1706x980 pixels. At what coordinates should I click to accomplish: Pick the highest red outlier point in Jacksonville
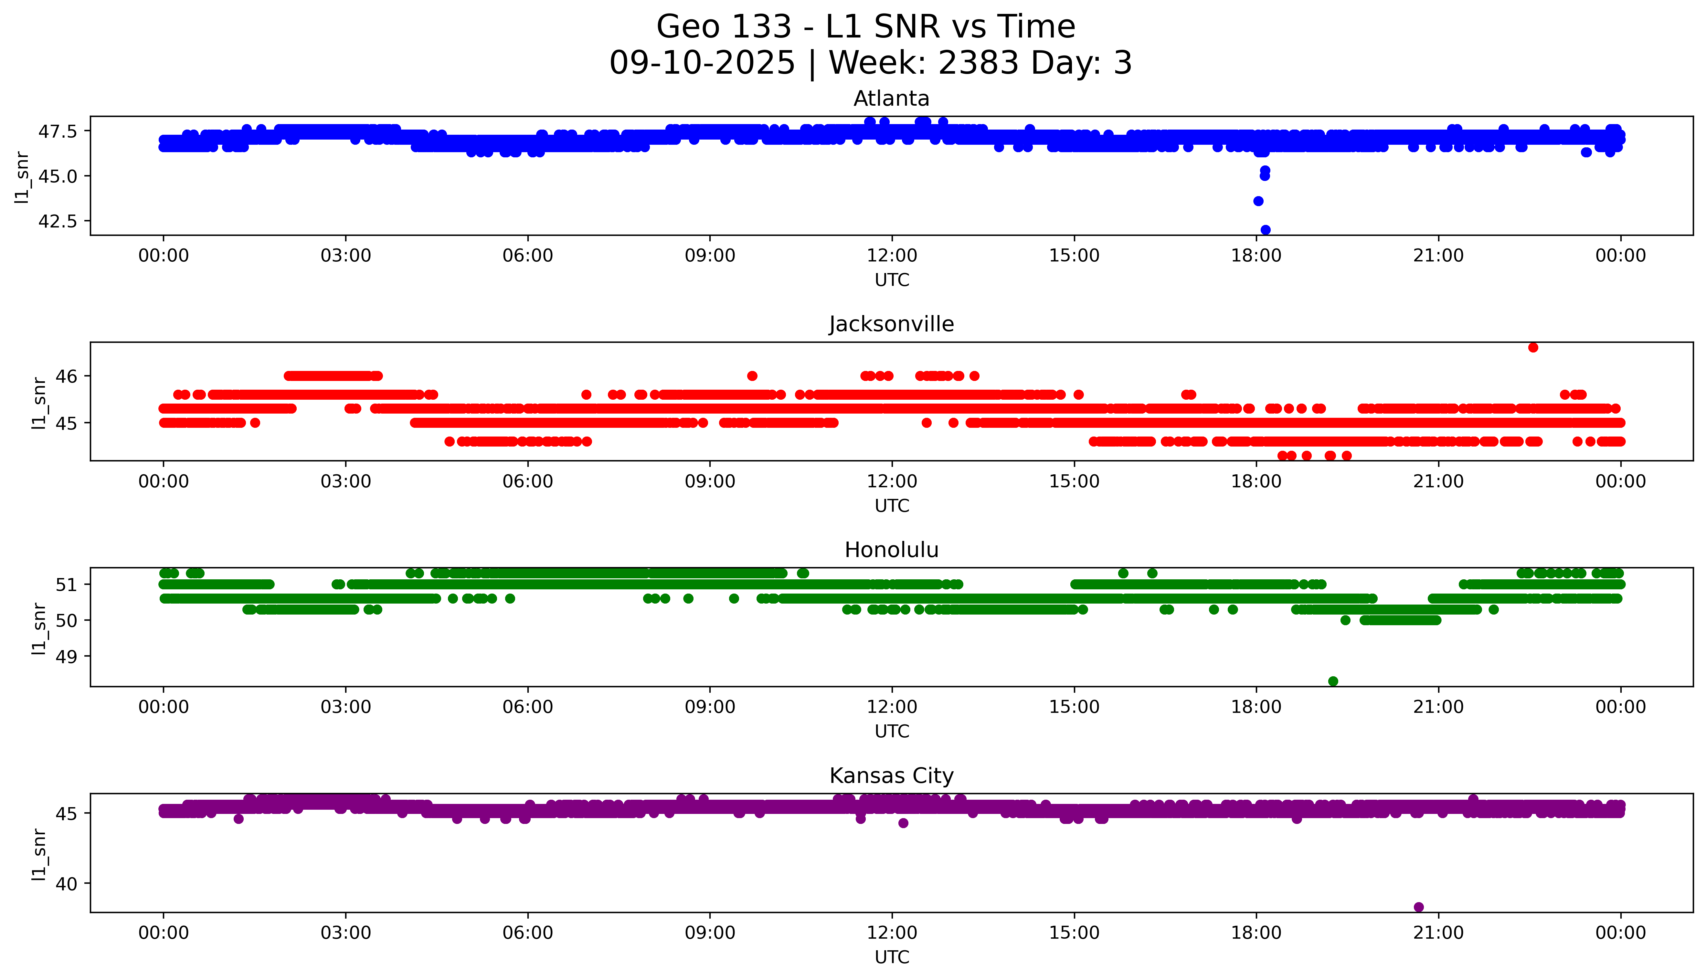[1533, 347]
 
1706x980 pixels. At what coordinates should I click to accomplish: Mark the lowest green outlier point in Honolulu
[1333, 681]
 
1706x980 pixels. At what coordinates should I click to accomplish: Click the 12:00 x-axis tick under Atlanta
[892, 256]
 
